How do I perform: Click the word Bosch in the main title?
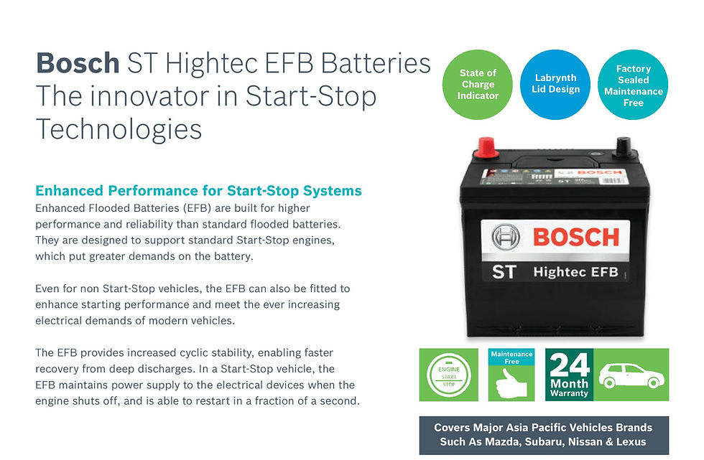tap(78, 62)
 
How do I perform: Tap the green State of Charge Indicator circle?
tap(478, 84)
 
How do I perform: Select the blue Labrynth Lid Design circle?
tap(555, 84)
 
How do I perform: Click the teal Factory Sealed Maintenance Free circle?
tap(633, 85)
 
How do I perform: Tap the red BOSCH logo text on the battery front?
tap(575, 236)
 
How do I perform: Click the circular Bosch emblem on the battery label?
tap(506, 238)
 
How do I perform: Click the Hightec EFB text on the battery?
tap(575, 273)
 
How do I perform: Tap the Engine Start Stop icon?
tap(448, 375)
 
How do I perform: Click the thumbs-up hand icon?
tap(511, 383)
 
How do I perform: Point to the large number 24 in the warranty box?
tap(570, 364)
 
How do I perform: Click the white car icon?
tap(630, 374)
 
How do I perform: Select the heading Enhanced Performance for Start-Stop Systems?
tap(198, 191)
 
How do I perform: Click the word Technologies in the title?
tap(119, 128)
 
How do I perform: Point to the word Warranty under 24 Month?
tap(570, 393)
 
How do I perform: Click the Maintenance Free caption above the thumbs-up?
tap(511, 357)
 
